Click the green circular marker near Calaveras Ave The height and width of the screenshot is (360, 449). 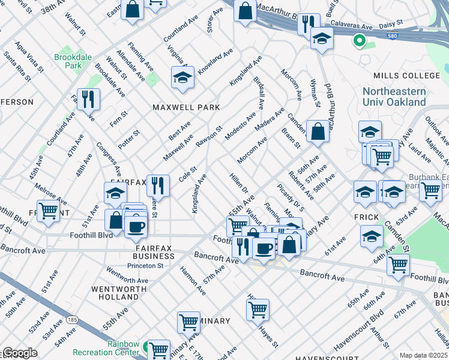(x=360, y=41)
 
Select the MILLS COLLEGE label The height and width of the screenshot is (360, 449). (x=406, y=76)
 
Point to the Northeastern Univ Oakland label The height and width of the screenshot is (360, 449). (x=394, y=97)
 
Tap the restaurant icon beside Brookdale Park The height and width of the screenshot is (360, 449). (x=88, y=99)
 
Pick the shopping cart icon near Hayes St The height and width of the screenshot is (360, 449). (x=258, y=310)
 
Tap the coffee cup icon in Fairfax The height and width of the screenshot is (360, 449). (x=137, y=227)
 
